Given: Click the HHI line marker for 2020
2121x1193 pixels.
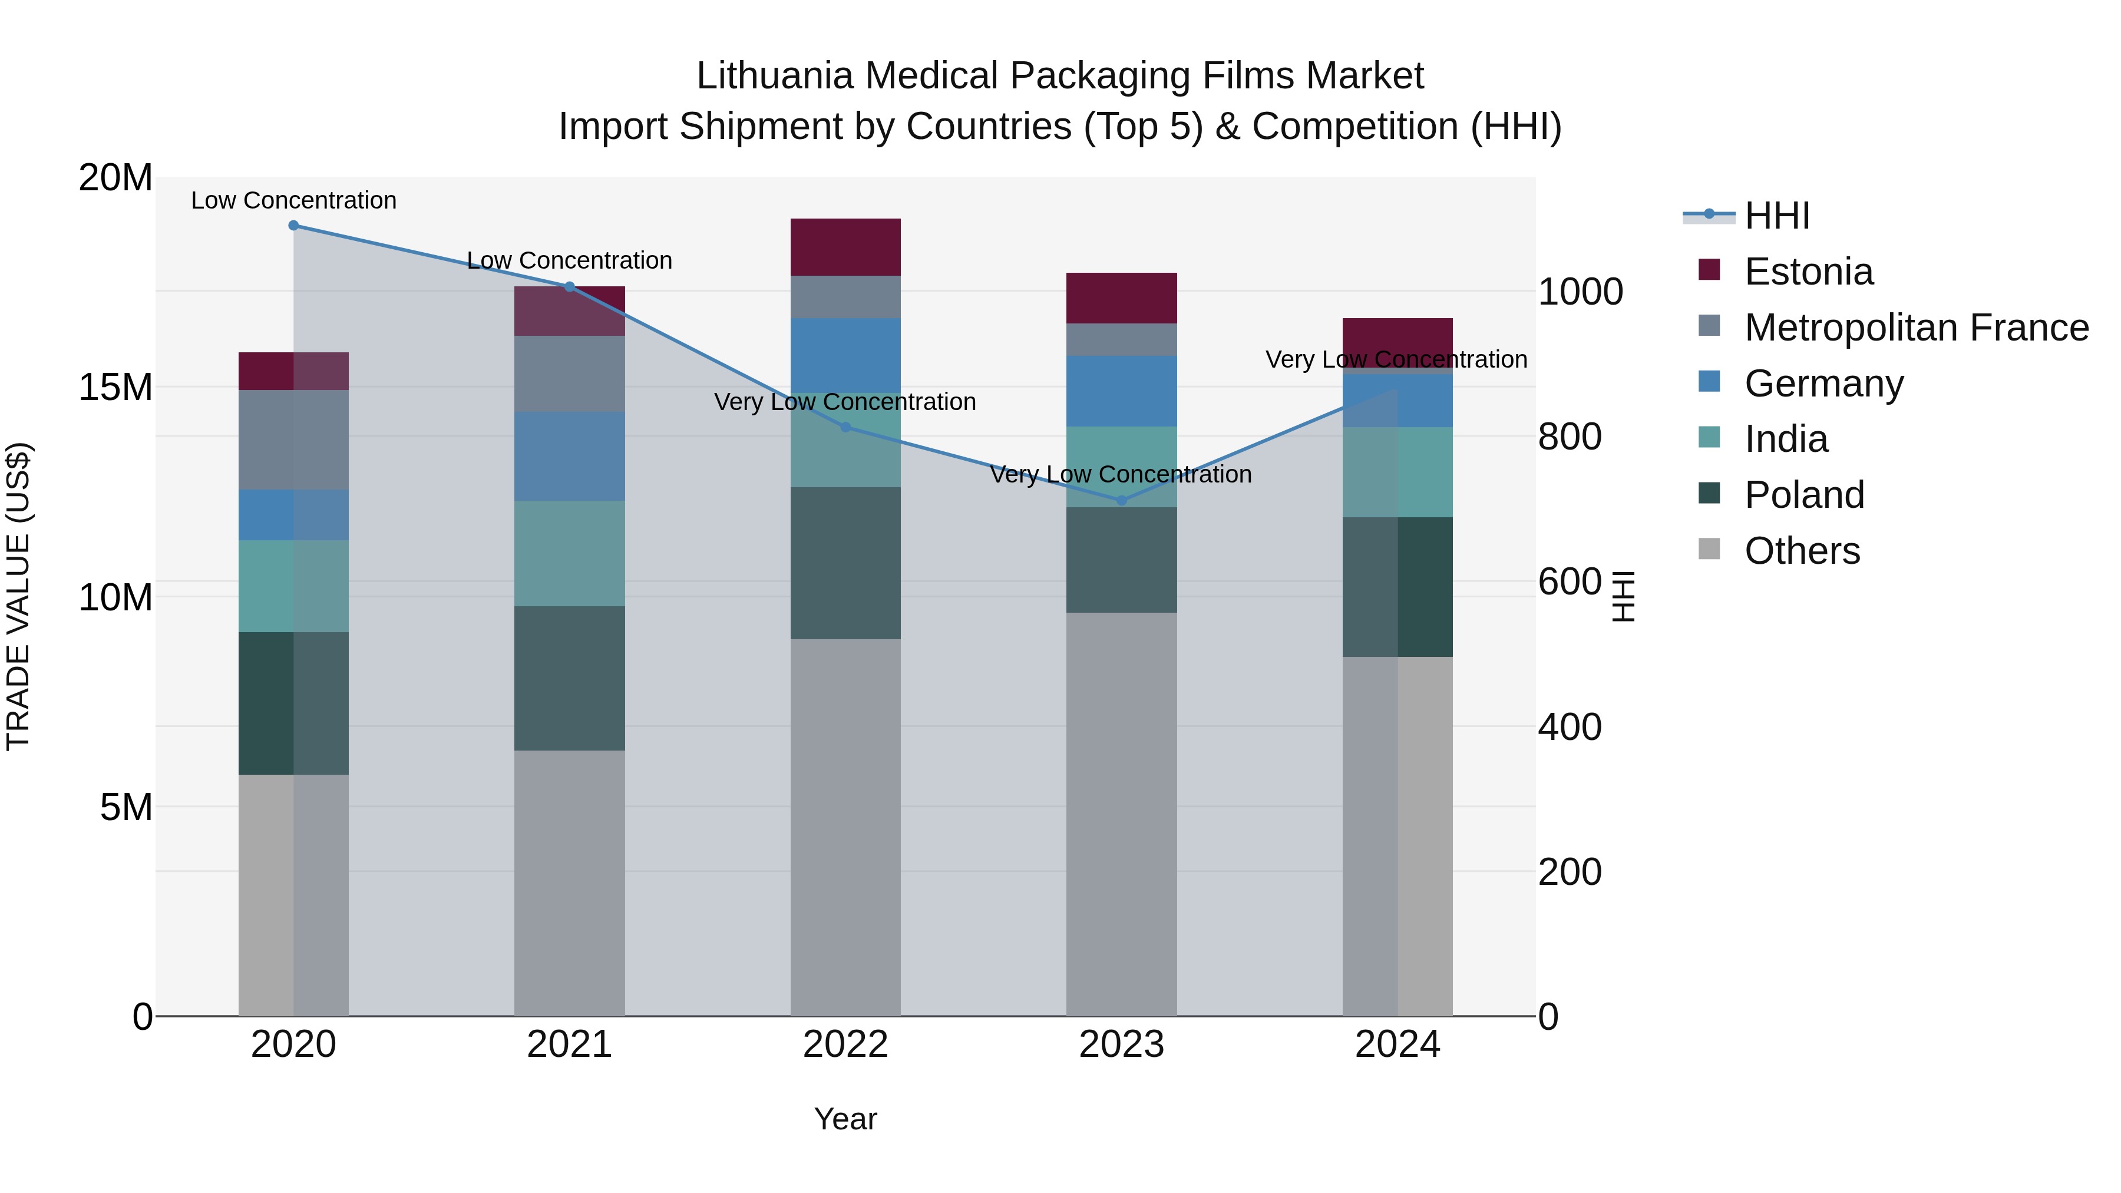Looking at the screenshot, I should coord(294,226).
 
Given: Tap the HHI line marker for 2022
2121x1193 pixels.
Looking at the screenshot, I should coord(845,427).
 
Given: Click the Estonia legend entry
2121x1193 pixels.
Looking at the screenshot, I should coord(1808,272).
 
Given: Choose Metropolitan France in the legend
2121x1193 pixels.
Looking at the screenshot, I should coord(1916,328).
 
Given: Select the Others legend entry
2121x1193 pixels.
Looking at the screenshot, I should coord(1802,551).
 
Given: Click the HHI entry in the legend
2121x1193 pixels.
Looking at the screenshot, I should coord(1777,216).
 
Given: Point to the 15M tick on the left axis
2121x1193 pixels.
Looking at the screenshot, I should coord(115,387).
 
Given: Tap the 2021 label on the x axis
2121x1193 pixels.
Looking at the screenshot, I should coord(569,1045).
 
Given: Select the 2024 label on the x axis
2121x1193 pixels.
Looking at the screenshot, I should coord(1398,1045).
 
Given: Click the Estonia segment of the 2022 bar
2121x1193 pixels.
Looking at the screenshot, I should coord(845,247).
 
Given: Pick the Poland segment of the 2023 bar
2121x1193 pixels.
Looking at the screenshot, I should coord(1121,560).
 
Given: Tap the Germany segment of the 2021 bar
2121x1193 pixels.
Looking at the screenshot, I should coord(569,456).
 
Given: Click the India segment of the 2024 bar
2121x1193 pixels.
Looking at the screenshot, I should coord(1398,472).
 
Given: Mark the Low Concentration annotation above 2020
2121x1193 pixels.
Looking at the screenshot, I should coord(294,200).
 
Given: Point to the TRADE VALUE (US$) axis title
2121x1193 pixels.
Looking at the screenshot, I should coord(18,596).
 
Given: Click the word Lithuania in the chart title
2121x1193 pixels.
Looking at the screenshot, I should coord(774,76).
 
